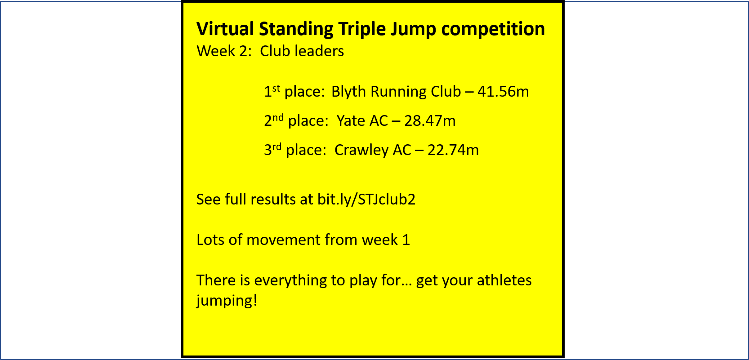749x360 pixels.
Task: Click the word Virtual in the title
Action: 225,29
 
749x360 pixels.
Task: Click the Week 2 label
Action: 224,51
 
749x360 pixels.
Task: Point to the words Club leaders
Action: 302,51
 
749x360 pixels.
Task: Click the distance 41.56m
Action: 503,92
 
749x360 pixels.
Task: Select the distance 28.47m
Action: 430,120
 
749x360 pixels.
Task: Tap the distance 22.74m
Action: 453,150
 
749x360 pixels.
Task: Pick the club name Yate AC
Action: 362,120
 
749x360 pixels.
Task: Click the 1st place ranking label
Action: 294,92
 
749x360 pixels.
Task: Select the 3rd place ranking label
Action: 295,150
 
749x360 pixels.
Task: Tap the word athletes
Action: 504,280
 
